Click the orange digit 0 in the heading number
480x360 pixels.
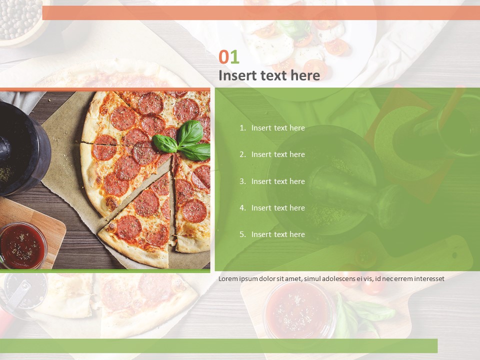pyautogui.click(x=224, y=57)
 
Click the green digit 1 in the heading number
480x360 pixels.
pyautogui.click(x=234, y=57)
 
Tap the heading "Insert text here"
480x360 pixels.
pyautogui.click(x=269, y=75)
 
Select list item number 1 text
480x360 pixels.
pyautogui.click(x=278, y=128)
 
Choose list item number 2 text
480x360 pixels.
pyautogui.click(x=278, y=154)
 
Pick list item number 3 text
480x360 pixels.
pyautogui.click(x=278, y=181)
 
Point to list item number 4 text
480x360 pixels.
pyautogui.click(x=278, y=208)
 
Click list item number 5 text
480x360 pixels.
pyautogui.click(x=278, y=234)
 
